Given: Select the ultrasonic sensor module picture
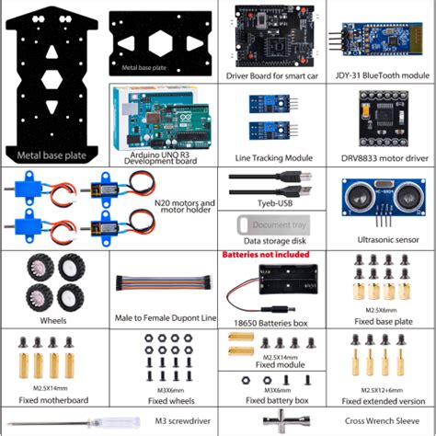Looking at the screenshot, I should click(x=378, y=197).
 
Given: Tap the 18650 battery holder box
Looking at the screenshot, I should click(x=271, y=281).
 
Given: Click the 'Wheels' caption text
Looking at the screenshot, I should click(x=53, y=322).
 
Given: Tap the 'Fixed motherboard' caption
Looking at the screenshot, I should click(x=53, y=400).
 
